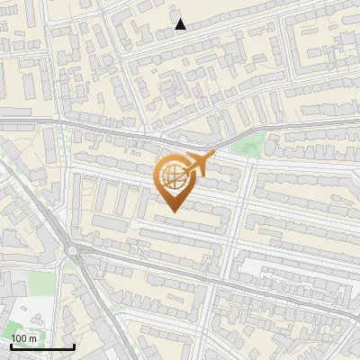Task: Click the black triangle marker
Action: point(181,24)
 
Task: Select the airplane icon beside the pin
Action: point(197,165)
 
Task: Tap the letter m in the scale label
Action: point(34,338)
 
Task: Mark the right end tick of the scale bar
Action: point(74,346)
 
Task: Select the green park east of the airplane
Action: point(247,144)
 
